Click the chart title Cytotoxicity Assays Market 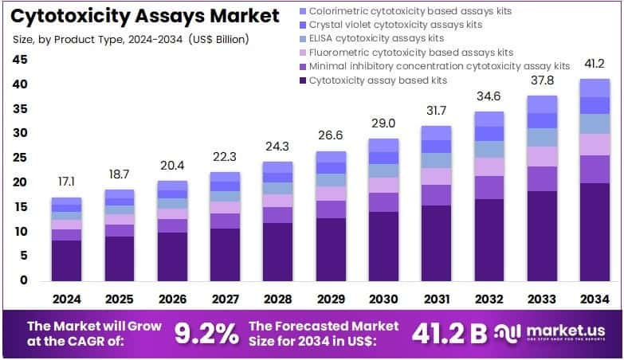(145, 15)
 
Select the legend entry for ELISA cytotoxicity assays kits (376, 38)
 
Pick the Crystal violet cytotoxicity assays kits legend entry (395, 25)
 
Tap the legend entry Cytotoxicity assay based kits (378, 80)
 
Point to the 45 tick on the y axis (20, 60)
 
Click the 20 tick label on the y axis (20, 182)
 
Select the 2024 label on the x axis (66, 299)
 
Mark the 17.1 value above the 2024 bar (66, 182)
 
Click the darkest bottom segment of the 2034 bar (595, 231)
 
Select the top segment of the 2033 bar (542, 104)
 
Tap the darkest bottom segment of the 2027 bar (226, 254)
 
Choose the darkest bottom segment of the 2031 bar (436, 242)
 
